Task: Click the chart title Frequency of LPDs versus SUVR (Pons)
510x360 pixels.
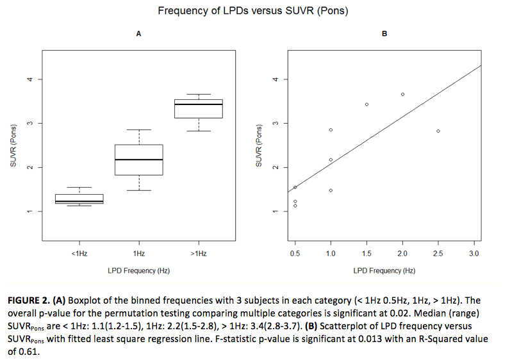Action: click(254, 11)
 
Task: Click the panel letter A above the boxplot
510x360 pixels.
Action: click(139, 34)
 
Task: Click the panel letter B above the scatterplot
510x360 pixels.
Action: click(384, 34)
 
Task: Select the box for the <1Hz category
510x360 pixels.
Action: click(79, 198)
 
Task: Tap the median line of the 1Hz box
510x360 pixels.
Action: click(139, 160)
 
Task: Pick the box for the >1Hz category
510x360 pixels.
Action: click(199, 109)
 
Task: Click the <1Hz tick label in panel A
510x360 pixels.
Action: click(79, 254)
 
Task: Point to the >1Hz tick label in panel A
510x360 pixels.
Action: click(199, 254)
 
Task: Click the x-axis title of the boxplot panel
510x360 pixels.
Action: click(139, 271)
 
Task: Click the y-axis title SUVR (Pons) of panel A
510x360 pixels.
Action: click(13, 147)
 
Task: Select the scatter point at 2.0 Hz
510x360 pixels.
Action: click(402, 94)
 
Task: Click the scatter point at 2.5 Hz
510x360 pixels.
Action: click(438, 131)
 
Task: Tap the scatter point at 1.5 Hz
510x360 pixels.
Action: click(366, 104)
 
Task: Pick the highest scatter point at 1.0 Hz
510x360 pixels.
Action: click(331, 129)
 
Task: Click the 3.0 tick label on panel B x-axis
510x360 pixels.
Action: click(474, 254)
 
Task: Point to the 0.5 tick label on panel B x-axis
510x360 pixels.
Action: click(295, 254)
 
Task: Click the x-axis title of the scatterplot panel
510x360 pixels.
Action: click(384, 271)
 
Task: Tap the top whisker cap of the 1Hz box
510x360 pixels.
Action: click(139, 130)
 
